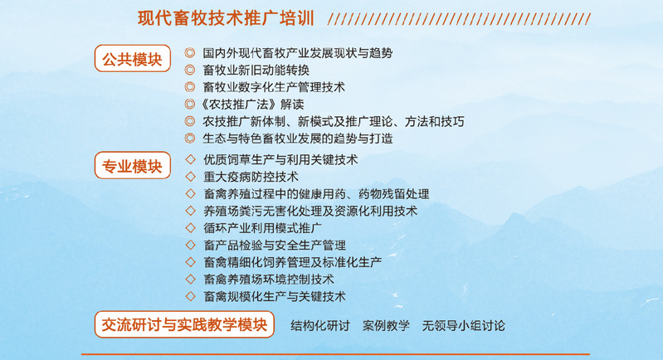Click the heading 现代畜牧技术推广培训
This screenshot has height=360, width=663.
tap(226, 18)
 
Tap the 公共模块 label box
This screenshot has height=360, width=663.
tap(133, 59)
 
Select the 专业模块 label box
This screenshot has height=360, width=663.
tap(133, 166)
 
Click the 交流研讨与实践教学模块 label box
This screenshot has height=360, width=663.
tap(184, 324)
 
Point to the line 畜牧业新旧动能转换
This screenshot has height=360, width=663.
tap(256, 71)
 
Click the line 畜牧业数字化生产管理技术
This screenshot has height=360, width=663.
tap(274, 87)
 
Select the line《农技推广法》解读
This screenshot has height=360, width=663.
tap(250, 105)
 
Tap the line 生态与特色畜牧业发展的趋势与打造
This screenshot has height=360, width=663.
tap(298, 139)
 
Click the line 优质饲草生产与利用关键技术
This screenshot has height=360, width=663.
tap(280, 160)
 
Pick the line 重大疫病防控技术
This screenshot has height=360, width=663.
tap(251, 177)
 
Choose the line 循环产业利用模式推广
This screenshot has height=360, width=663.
tap(262, 228)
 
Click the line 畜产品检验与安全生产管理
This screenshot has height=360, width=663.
tap(275, 245)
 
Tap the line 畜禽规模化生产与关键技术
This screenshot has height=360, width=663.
tap(275, 296)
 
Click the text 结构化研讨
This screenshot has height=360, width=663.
tap(320, 326)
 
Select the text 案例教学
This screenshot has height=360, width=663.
tap(386, 326)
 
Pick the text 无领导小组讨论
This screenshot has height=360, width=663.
tap(463, 326)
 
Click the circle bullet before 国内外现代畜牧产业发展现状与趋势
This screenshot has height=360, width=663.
tap(189, 53)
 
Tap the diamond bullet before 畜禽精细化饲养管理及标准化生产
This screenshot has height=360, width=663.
tap(190, 262)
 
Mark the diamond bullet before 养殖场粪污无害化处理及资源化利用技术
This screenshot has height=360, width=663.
tap(190, 211)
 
